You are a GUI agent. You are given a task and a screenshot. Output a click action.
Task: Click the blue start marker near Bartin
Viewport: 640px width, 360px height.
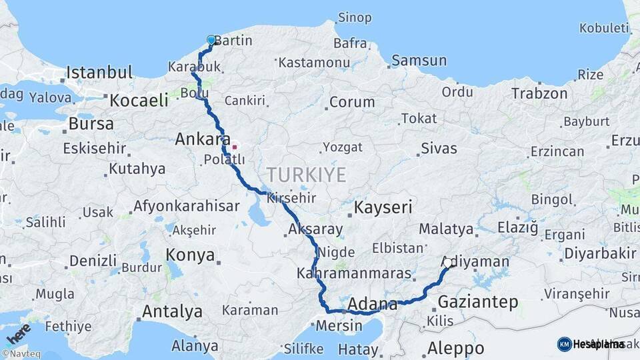pyautogui.click(x=211, y=40)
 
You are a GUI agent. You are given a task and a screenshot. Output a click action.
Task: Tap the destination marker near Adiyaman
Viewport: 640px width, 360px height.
pyautogui.click(x=448, y=263)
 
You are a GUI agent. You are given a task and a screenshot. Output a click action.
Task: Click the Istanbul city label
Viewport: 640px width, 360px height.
pyautogui.click(x=99, y=72)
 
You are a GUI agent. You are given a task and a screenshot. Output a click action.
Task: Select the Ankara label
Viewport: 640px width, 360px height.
pyautogui.click(x=198, y=140)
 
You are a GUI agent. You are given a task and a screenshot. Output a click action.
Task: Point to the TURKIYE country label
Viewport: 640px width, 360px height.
pyautogui.click(x=306, y=175)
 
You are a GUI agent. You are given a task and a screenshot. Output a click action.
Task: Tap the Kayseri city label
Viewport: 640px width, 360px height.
pyautogui.click(x=383, y=207)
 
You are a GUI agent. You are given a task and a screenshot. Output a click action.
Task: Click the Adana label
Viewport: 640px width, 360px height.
pyautogui.click(x=373, y=303)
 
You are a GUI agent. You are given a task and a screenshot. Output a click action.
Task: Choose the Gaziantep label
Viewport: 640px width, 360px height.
pyautogui.click(x=477, y=302)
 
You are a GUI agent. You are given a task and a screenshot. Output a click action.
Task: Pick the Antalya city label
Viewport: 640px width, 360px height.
pyautogui.click(x=172, y=311)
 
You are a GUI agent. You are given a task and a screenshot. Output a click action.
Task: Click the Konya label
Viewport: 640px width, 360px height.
pyautogui.click(x=190, y=255)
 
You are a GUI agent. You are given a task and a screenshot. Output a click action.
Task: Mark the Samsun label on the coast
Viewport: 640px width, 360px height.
pyautogui.click(x=419, y=61)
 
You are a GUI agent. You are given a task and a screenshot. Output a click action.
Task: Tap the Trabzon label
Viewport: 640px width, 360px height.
pyautogui.click(x=539, y=93)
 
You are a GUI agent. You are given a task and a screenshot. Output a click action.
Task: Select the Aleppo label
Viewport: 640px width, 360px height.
pyautogui.click(x=455, y=347)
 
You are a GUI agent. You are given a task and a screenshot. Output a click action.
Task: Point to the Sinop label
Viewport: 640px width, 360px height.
pyautogui.click(x=355, y=17)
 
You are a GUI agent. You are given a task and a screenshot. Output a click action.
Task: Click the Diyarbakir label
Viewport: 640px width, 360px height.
pyautogui.click(x=600, y=253)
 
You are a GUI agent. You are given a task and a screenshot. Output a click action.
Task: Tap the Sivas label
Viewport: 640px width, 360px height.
pyautogui.click(x=439, y=147)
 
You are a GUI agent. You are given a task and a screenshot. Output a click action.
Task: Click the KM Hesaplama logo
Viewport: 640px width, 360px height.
pyautogui.click(x=591, y=344)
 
